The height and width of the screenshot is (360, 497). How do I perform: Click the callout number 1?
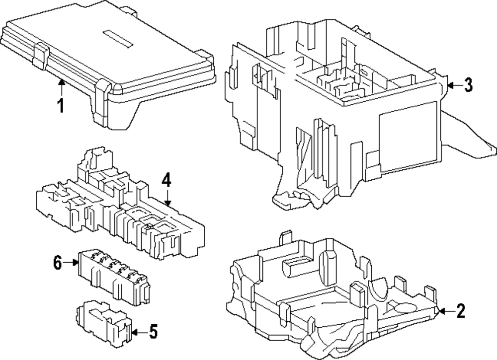pos(61,106)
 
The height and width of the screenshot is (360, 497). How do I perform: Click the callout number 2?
pos(460,311)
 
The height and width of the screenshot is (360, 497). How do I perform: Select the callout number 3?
pos(468,85)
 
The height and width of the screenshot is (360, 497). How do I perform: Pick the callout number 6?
pos(58,263)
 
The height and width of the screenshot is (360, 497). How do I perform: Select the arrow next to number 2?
pos(444,311)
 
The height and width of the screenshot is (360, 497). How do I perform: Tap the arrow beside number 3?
pos(451,85)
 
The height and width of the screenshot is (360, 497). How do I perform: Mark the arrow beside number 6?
pos(71,262)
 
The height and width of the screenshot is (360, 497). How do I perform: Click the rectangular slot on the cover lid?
pos(118,39)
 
